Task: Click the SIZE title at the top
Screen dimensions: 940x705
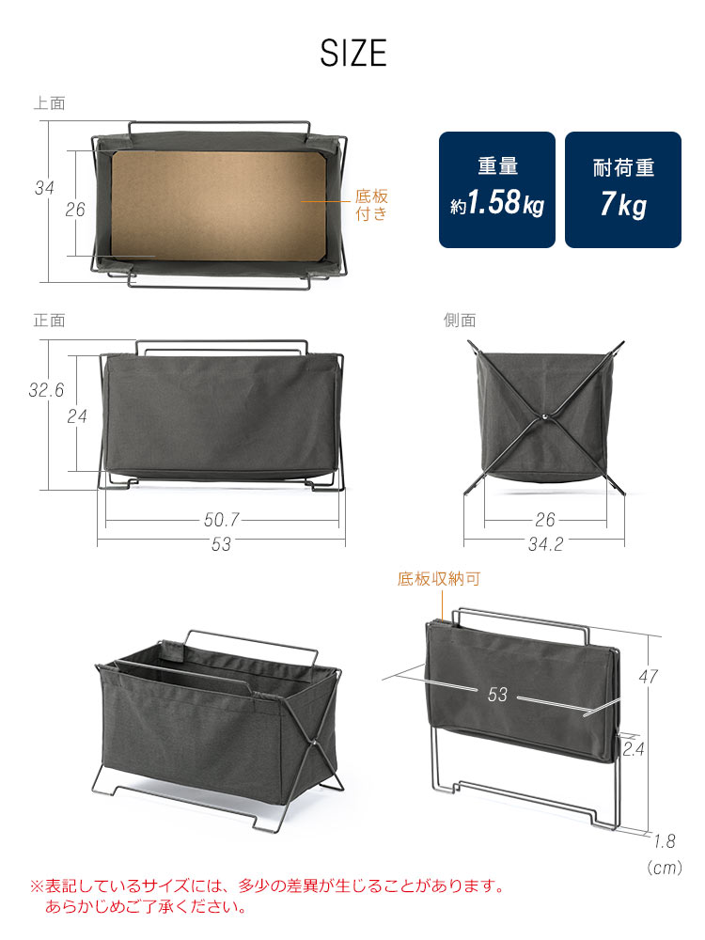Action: click(352, 53)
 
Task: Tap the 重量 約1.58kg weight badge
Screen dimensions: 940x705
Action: click(497, 189)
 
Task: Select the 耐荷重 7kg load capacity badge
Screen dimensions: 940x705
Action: click(622, 189)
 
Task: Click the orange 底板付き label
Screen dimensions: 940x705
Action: click(370, 205)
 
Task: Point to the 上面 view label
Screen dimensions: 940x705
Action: click(49, 103)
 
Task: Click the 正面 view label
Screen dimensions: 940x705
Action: click(49, 320)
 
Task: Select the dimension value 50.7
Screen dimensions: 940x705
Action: click(221, 518)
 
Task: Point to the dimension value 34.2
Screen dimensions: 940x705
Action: click(545, 544)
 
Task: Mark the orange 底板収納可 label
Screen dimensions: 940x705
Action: click(438, 579)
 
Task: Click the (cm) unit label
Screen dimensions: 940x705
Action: click(664, 869)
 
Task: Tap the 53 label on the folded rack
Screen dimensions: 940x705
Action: click(498, 695)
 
